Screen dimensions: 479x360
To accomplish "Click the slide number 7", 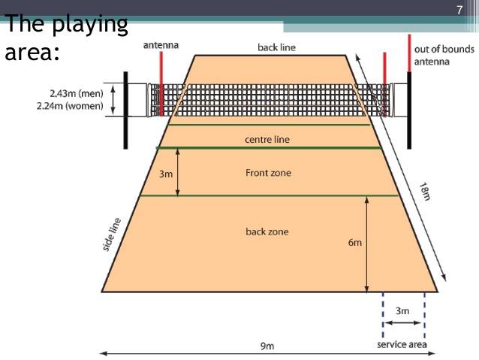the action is click(459, 10).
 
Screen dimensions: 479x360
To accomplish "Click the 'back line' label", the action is click(277, 47).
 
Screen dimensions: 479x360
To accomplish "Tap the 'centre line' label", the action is click(267, 140).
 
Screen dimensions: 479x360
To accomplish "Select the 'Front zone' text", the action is click(268, 173).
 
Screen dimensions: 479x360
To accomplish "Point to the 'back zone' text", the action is click(267, 231).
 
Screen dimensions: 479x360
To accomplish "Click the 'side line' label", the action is click(112, 234).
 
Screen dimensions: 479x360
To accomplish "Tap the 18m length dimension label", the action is click(425, 192).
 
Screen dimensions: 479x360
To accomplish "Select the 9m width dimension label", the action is click(267, 346).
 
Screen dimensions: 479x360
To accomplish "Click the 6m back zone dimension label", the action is click(354, 243).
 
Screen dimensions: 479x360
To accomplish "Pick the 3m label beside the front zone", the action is click(166, 174).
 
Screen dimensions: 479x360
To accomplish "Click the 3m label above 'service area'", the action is click(402, 310).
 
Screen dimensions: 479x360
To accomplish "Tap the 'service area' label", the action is click(402, 344).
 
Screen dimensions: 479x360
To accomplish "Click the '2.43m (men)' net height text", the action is click(77, 93).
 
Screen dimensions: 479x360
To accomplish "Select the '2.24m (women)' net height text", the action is click(70, 106).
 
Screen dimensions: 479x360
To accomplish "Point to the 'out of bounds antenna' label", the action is click(444, 56).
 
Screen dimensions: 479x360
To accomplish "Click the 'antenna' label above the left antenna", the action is click(161, 45).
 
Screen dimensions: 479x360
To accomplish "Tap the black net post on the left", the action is click(125, 110).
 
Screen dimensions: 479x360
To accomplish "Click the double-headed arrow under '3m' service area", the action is click(402, 322).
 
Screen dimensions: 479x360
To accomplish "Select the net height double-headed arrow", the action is click(113, 100).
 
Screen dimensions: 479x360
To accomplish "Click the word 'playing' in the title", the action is click(90, 25).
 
